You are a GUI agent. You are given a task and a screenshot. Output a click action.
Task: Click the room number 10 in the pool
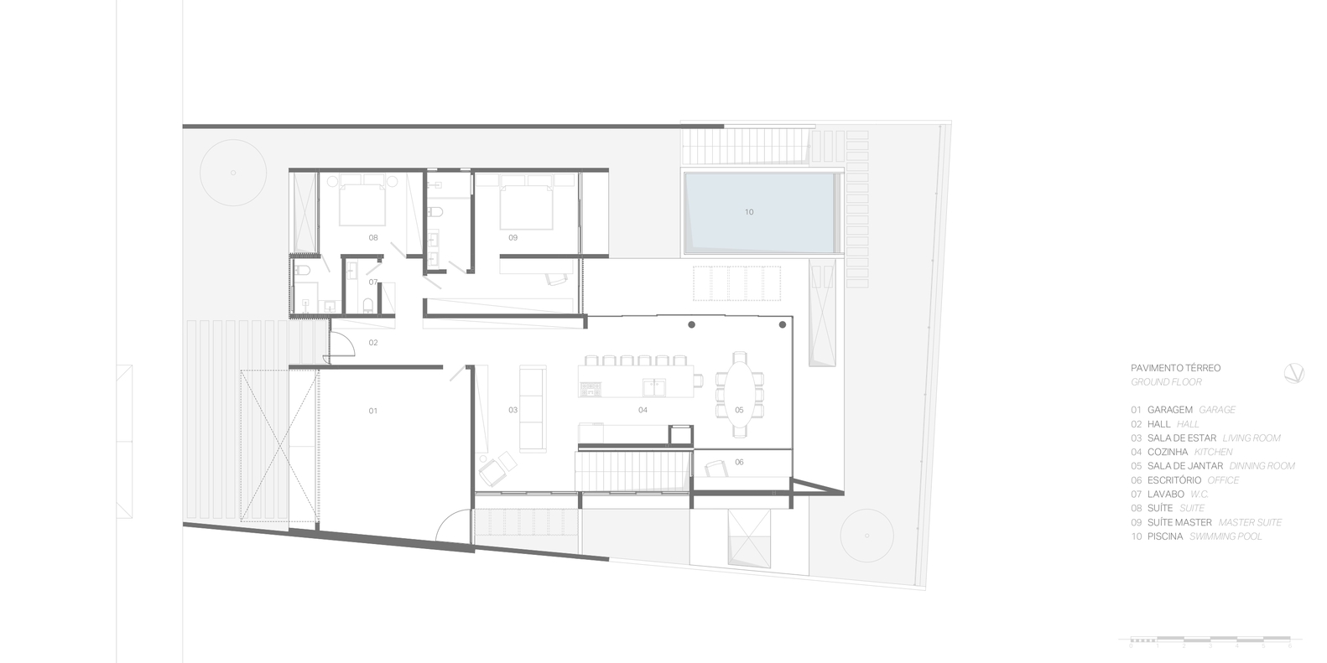click(x=749, y=212)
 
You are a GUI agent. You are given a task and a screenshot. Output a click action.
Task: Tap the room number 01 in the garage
click(x=373, y=411)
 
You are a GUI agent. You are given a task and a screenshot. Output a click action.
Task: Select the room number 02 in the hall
click(x=373, y=343)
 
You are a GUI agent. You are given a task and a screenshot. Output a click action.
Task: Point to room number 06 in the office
click(x=739, y=462)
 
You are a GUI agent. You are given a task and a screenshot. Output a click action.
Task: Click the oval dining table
click(x=739, y=394)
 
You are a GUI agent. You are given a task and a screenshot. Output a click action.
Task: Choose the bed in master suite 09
click(x=526, y=204)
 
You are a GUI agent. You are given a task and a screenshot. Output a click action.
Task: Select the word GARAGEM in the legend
click(x=1170, y=410)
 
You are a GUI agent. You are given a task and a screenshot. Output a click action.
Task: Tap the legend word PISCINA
click(x=1165, y=536)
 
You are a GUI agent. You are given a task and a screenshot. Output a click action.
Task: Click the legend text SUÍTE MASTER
click(x=1179, y=522)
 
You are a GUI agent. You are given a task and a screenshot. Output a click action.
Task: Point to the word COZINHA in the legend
click(x=1168, y=452)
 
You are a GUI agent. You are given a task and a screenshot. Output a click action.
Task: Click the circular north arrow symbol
click(x=1293, y=374)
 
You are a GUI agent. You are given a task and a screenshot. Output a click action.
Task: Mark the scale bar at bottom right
click(x=1210, y=643)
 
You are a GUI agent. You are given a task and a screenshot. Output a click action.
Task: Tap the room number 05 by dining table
click(x=739, y=410)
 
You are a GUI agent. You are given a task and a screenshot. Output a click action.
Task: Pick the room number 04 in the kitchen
click(x=643, y=410)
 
